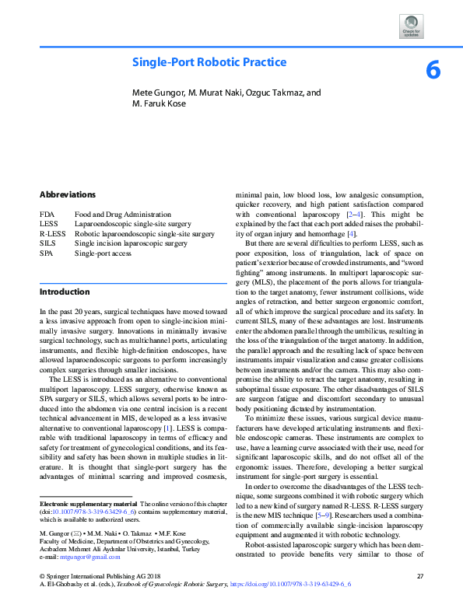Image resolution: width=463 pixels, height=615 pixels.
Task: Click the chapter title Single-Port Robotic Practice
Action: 209,62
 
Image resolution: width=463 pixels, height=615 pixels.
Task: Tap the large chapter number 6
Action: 433,71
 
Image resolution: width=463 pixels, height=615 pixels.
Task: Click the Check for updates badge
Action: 412,26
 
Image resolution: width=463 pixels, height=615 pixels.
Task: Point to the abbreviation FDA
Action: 47,214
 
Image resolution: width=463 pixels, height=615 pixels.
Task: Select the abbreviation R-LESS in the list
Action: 52,233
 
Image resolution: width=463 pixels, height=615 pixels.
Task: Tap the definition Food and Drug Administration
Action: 122,214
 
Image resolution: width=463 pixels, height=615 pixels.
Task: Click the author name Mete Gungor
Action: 160,93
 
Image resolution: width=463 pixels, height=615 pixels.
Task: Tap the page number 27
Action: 420,576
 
